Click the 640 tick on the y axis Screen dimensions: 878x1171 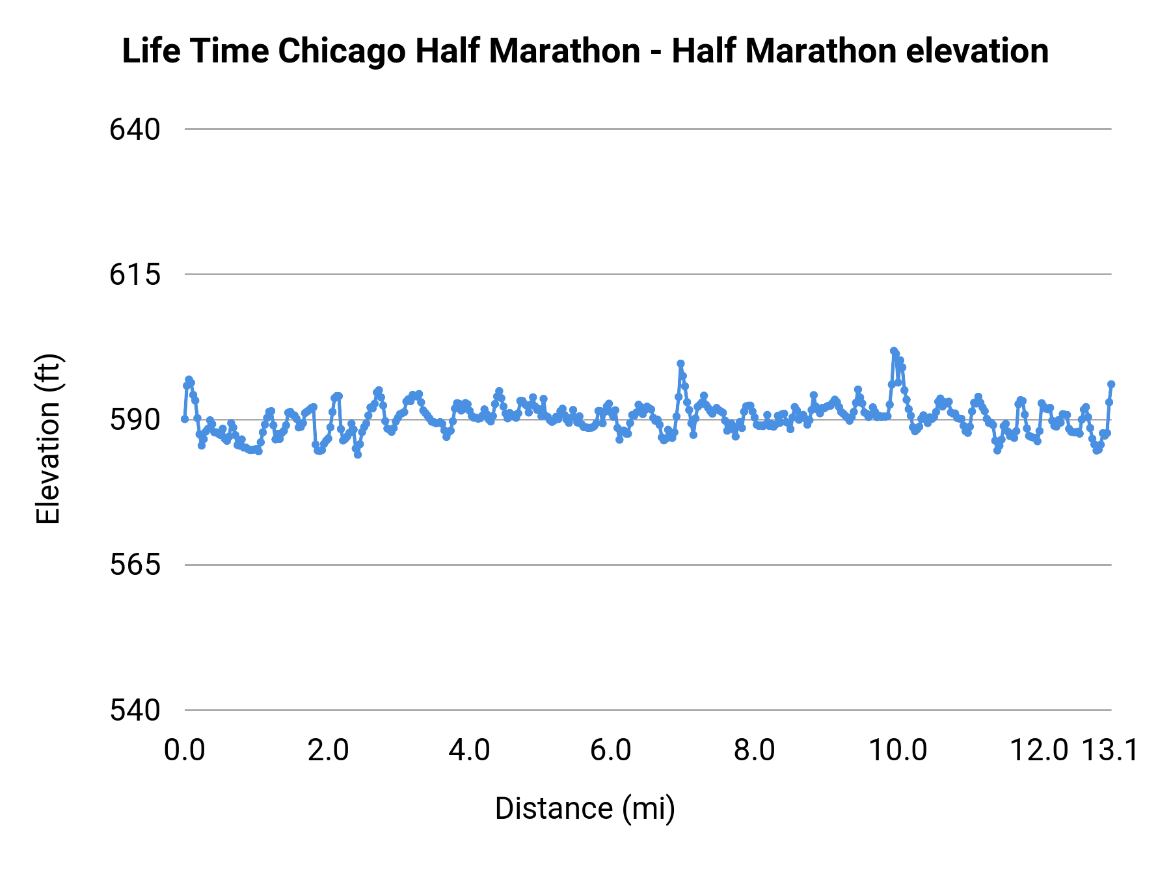coord(135,129)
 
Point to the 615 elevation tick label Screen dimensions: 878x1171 coord(135,274)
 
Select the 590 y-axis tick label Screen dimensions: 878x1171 coord(135,420)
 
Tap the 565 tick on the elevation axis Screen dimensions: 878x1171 coord(135,565)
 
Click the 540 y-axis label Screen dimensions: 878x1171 coord(135,710)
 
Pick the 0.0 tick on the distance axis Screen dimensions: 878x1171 coord(185,751)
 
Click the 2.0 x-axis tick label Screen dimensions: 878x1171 coord(328,751)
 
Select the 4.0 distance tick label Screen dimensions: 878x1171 coord(470,751)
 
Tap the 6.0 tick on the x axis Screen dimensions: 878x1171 coord(611,751)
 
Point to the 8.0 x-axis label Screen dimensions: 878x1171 coord(754,751)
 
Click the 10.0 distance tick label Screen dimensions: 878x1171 coord(898,751)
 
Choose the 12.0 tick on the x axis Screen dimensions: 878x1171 coord(1039,751)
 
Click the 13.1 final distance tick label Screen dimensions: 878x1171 coord(1110,751)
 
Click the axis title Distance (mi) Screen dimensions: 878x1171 coord(585,808)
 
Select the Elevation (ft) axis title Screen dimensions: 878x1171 coord(48,438)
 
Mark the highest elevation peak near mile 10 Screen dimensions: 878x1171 coord(894,351)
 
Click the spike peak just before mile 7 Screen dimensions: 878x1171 coord(680,364)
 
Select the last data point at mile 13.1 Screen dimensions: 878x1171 coord(1111,384)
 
